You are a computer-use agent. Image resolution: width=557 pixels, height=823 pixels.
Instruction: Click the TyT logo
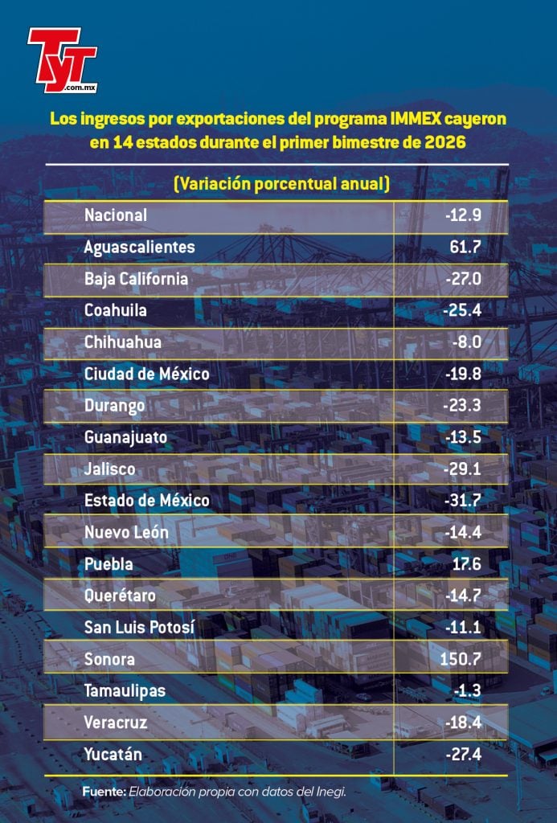pos(61,58)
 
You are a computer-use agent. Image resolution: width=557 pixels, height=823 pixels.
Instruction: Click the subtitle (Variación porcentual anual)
pos(281,184)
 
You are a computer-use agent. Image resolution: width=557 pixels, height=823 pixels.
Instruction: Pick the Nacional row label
pos(116,215)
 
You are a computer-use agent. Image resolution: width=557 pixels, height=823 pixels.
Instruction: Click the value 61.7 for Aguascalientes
pos(465,247)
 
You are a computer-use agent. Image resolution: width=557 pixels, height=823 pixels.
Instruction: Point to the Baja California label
pos(136,279)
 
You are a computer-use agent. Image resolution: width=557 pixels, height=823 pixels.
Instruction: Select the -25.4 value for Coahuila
pos(462,310)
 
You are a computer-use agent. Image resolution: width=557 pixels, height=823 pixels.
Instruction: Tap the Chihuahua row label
pos(123,342)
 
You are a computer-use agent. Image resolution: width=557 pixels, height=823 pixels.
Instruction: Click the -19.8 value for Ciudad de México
pos(462,374)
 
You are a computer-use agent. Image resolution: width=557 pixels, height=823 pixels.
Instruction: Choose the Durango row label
pos(115,406)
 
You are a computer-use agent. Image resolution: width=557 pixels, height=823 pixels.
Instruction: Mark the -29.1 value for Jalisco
pos(462,469)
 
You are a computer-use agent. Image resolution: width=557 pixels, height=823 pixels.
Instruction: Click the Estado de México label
pos(147,501)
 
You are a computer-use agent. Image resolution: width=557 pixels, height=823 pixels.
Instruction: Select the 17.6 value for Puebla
pos(466,564)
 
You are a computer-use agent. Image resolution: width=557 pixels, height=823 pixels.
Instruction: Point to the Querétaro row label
pos(120,596)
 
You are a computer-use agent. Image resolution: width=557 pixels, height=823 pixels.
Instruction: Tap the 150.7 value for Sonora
pos(462,660)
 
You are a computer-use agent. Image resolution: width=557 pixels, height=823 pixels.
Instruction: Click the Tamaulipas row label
pos(125,691)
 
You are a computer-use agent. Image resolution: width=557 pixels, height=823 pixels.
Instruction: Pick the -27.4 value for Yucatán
pos(462,755)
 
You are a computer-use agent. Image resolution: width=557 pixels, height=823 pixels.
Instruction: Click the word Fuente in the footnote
pos(103,792)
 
